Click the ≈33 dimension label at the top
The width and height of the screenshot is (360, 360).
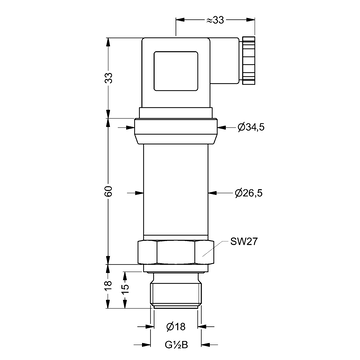pos(215,20)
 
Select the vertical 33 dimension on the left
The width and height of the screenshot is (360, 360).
pos(109,78)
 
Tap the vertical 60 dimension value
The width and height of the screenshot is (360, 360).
pos(109,191)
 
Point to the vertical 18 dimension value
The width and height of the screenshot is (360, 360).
pos(109,286)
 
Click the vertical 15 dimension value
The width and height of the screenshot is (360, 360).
pos(125,289)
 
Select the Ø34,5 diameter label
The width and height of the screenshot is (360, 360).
pos(251,127)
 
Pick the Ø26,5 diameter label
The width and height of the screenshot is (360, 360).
pos(249,193)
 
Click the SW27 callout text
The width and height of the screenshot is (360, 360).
pos(244,242)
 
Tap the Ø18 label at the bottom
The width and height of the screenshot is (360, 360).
pos(176,327)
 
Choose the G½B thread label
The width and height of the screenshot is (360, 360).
pos(176,345)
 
